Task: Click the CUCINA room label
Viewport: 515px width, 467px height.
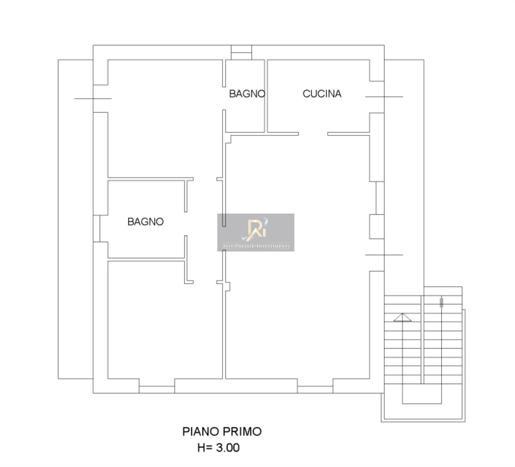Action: [322, 94]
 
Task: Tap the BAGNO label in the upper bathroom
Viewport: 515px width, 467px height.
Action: [247, 94]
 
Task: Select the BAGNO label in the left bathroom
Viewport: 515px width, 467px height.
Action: [145, 222]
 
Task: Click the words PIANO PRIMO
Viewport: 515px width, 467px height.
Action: [222, 432]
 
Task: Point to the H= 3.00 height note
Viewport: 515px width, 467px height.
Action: [219, 448]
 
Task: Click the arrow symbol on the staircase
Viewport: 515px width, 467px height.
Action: [402, 317]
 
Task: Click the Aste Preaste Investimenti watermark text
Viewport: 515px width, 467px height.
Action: [256, 246]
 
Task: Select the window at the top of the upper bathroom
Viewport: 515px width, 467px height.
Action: [241, 52]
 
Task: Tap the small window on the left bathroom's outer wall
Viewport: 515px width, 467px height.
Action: [97, 228]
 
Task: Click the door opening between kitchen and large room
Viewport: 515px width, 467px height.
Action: [313, 134]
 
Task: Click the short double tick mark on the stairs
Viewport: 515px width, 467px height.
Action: [442, 302]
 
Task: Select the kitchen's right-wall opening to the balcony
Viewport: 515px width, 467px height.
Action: [377, 97]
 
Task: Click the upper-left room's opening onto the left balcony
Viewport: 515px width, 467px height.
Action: [100, 99]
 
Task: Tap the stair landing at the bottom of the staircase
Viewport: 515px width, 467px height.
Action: [422, 394]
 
